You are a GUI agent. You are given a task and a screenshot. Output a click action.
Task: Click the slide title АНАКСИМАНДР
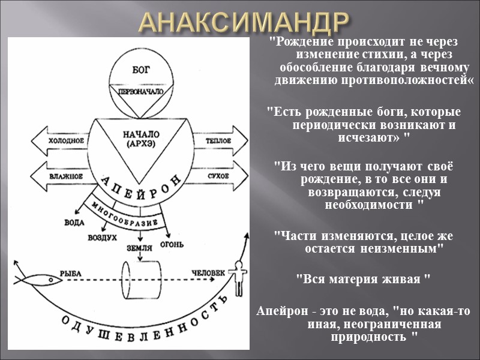click(x=244, y=23)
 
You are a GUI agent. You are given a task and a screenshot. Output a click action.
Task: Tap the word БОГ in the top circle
click(x=139, y=70)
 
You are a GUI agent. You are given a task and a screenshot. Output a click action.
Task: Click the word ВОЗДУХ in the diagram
click(x=103, y=238)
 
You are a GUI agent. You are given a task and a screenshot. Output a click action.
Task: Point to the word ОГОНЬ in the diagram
click(x=171, y=245)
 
